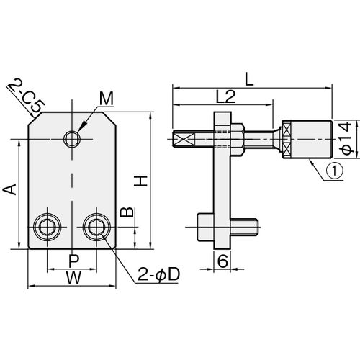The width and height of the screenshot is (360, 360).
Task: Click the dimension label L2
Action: click(x=225, y=96)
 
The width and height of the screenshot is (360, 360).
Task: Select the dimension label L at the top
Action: click(x=249, y=80)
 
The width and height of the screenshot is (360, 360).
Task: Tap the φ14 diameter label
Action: click(x=346, y=138)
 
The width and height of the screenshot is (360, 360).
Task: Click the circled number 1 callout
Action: click(x=334, y=170)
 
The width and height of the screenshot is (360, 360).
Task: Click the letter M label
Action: click(x=107, y=99)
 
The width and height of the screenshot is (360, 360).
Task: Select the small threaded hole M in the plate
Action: click(x=72, y=139)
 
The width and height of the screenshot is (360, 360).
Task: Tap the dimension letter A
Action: click(x=10, y=189)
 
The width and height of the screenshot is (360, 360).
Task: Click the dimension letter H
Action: click(x=140, y=181)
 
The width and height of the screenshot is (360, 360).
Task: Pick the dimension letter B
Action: click(x=127, y=212)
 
